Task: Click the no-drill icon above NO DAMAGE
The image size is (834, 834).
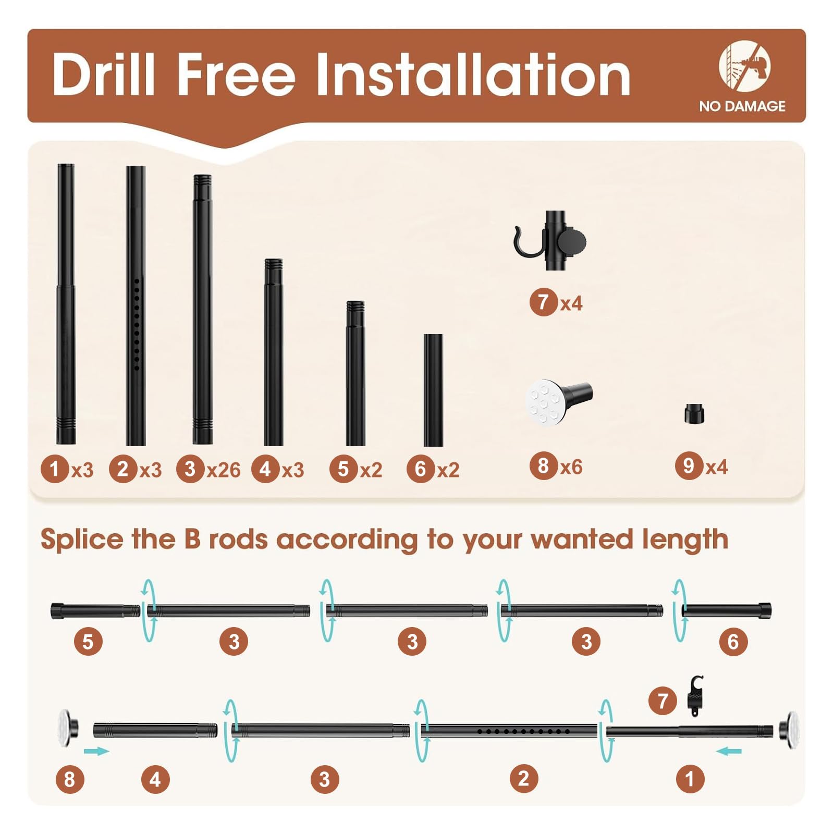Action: pyautogui.click(x=744, y=66)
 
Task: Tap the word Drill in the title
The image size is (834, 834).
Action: pyautogui.click(x=104, y=75)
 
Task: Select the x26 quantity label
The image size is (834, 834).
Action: pyautogui.click(x=224, y=470)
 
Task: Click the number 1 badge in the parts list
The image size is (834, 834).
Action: pyautogui.click(x=55, y=469)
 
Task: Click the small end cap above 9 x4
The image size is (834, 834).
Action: pyautogui.click(x=694, y=414)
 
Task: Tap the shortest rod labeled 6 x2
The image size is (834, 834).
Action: pyautogui.click(x=433, y=390)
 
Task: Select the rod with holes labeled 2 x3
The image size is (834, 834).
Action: pyautogui.click(x=136, y=305)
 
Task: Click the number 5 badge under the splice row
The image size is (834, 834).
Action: pyautogui.click(x=88, y=642)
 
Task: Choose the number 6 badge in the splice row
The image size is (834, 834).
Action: pyautogui.click(x=733, y=642)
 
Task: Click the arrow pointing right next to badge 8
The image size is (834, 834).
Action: pyautogui.click(x=96, y=751)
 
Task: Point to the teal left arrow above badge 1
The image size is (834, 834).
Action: pyautogui.click(x=729, y=751)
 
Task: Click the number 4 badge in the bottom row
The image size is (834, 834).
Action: pyautogui.click(x=155, y=779)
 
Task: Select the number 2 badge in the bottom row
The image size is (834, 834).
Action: pyautogui.click(x=524, y=778)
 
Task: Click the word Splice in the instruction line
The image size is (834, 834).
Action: pyautogui.click(x=82, y=540)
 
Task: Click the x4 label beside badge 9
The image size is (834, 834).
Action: pyautogui.click(x=717, y=467)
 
